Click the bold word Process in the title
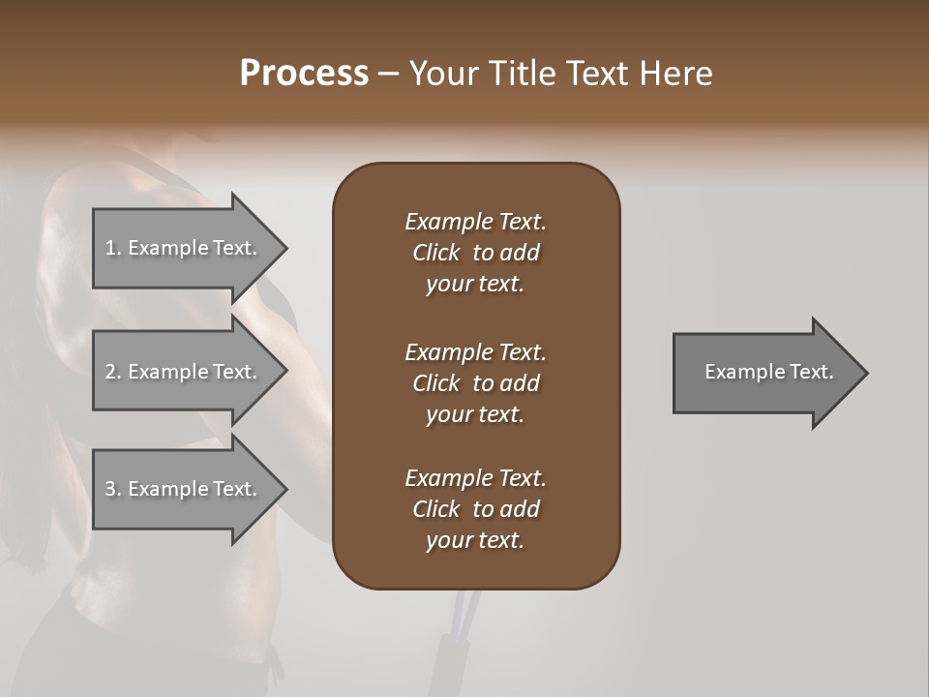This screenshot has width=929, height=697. click(x=304, y=74)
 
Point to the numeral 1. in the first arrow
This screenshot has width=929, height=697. click(x=112, y=248)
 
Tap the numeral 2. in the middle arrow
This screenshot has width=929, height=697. click(x=112, y=372)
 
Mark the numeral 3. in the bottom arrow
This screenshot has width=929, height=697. click(x=112, y=489)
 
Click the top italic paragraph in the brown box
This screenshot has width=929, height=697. click(x=475, y=253)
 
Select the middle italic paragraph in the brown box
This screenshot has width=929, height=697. click(x=475, y=383)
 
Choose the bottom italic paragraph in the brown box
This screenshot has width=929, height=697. click(x=475, y=509)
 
